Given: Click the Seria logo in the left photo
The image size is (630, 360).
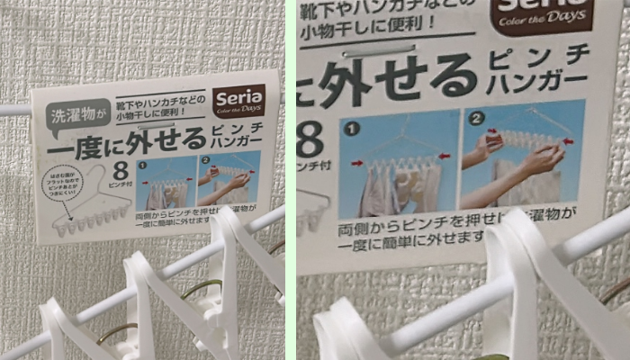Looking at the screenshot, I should point(239,101).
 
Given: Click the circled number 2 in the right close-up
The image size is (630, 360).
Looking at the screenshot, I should point(476,118).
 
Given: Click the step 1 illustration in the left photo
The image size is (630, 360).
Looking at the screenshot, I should point(166,183).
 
